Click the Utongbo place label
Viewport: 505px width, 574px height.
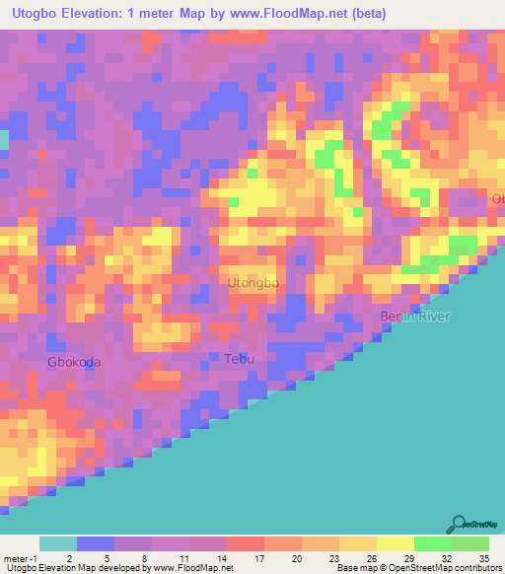253,284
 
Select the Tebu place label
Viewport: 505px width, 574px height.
239,359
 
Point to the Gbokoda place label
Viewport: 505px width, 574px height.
74,362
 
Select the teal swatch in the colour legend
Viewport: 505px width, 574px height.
58,543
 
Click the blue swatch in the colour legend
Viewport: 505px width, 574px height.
96,543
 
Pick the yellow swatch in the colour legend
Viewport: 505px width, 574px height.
396,543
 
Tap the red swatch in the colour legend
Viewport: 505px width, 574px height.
246,543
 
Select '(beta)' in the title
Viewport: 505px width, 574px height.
364,13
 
